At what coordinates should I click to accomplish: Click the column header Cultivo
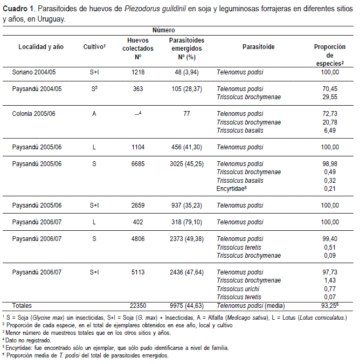[94, 47]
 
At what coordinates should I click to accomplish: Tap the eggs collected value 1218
[139, 72]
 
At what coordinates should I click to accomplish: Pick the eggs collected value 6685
[139, 164]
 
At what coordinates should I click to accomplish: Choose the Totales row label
[24, 306]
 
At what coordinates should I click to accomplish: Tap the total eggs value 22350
[139, 306]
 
